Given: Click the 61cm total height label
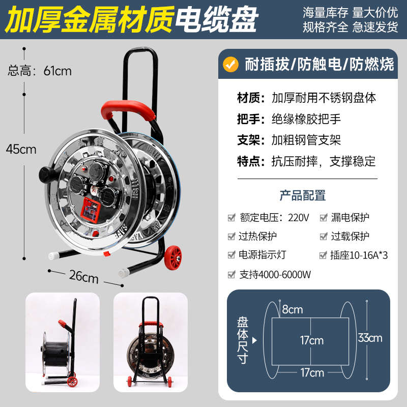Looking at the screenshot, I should [40, 71].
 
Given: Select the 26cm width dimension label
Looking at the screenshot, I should [83, 277].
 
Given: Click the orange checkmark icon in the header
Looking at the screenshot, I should [232, 65].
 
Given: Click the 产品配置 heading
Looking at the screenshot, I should [303, 195].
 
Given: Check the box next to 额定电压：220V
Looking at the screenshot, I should [231, 218].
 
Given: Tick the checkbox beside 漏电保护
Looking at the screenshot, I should [323, 218].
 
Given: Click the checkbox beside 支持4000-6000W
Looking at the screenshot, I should [231, 275].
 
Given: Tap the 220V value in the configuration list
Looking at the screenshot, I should [299, 218].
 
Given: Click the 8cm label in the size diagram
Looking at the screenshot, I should [293, 309].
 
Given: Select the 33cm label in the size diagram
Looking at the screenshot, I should [369, 338].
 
